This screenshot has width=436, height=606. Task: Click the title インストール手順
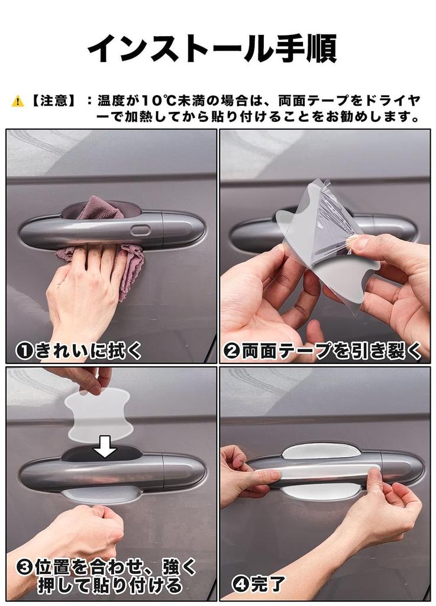click(x=212, y=49)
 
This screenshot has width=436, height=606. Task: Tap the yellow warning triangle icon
click(x=18, y=101)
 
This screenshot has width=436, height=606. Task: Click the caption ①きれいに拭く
click(x=79, y=351)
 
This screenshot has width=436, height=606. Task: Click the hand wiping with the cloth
click(x=83, y=284)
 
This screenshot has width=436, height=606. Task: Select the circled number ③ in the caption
click(x=24, y=568)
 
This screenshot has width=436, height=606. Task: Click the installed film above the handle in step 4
click(x=321, y=451)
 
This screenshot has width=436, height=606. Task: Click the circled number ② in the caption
click(x=232, y=351)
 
